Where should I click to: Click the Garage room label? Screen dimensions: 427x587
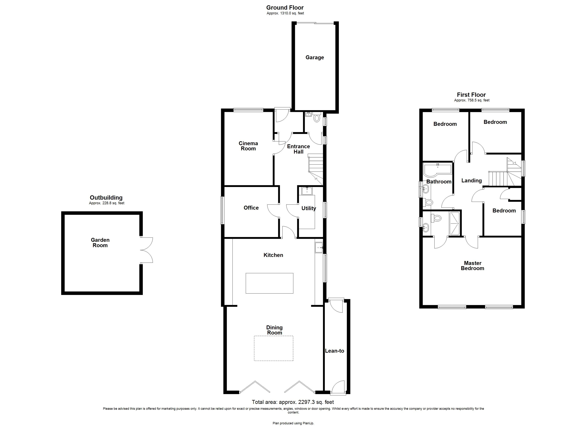click(314, 57)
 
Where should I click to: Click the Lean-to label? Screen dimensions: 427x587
click(334, 351)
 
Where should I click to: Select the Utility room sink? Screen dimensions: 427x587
click(307, 191)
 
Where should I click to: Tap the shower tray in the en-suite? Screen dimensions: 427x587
click(454, 223)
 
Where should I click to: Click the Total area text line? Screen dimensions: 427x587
click(293, 402)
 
